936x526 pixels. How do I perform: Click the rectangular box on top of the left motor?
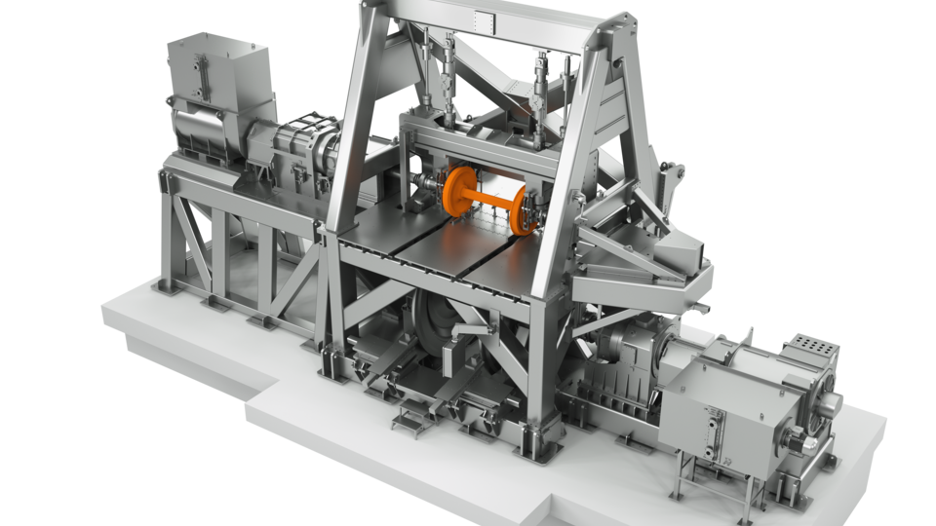pyautogui.click(x=205, y=68)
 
